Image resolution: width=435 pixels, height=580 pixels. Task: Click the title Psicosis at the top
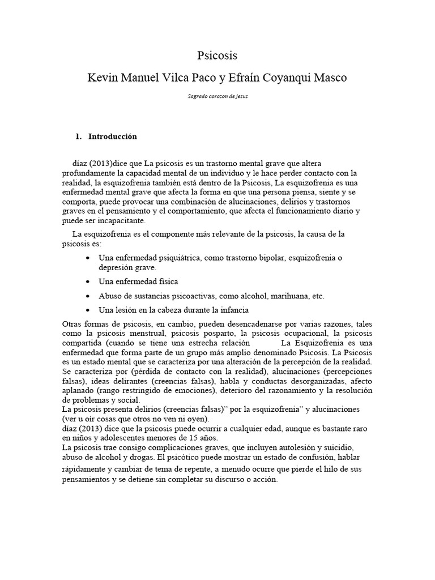pos(217,56)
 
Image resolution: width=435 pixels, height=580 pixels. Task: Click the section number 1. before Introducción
pos(79,137)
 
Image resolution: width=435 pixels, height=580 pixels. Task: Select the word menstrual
pos(138,334)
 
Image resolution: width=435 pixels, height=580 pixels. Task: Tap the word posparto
pos(214,334)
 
